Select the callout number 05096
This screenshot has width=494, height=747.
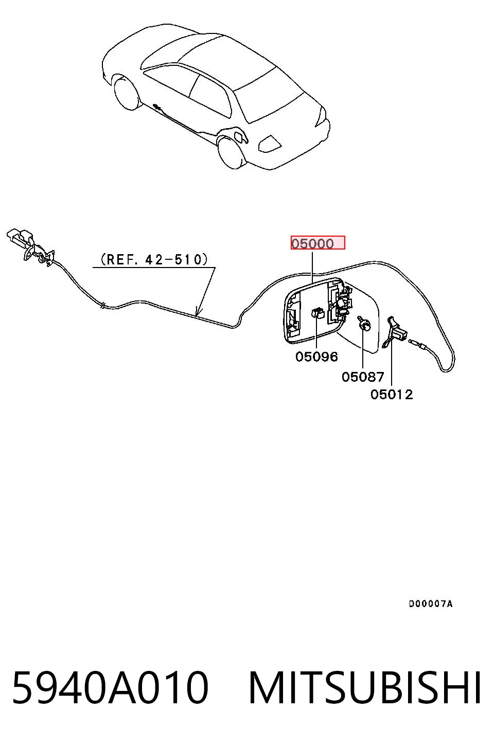tap(316, 357)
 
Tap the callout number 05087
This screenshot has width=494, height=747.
tap(363, 377)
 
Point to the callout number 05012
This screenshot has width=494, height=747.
tap(392, 395)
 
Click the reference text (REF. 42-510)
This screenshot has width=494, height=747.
tap(154, 259)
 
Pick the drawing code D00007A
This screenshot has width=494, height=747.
tap(431, 603)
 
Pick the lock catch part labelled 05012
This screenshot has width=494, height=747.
tap(395, 332)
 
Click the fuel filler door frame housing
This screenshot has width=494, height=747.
tap(313, 310)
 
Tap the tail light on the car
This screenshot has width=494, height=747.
tap(270, 144)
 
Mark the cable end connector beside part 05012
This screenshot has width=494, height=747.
tap(417, 344)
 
